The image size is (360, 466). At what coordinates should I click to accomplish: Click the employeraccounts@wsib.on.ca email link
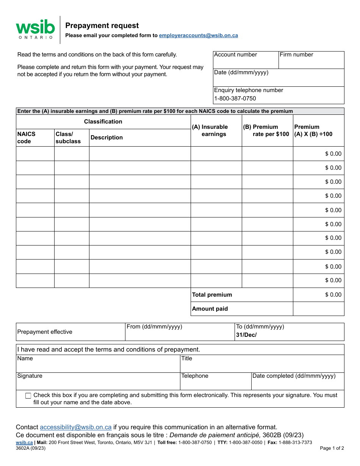[x=198, y=36]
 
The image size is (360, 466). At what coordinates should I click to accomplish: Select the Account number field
[x=246, y=62]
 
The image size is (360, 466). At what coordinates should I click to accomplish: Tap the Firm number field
[x=311, y=62]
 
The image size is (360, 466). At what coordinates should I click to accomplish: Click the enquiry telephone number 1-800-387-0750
[x=235, y=99]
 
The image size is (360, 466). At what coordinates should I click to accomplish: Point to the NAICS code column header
[x=27, y=138]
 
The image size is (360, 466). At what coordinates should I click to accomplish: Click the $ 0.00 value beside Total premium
[x=333, y=295]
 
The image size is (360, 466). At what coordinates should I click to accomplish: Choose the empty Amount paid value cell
[x=318, y=309]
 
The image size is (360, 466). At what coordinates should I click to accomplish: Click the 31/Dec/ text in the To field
[x=246, y=335]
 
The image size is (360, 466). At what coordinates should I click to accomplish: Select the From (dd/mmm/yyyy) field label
[x=154, y=327]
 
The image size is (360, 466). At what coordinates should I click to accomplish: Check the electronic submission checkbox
[x=28, y=396]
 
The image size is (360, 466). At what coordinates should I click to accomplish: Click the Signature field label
[x=30, y=376]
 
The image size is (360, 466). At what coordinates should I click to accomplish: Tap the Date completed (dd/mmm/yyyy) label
[x=294, y=376]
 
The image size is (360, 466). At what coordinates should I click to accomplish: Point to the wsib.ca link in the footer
[x=24, y=443]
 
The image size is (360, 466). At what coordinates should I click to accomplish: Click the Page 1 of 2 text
[x=332, y=448]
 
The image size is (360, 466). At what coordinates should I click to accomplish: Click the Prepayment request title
[x=102, y=26]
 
